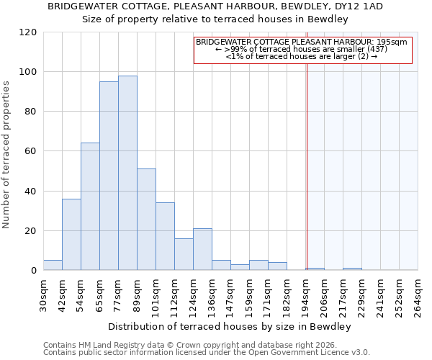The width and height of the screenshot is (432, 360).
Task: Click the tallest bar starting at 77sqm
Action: coord(127,173)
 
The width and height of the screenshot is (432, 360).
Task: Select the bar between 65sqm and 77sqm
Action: coord(109,176)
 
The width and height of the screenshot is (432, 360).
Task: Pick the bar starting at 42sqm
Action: coord(71,235)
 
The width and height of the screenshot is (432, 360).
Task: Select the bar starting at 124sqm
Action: coord(202,250)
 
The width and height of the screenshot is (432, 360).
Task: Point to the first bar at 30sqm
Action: coord(53,265)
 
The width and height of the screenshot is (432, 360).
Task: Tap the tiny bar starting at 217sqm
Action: coord(352,269)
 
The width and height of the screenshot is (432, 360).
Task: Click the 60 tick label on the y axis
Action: coord(30,151)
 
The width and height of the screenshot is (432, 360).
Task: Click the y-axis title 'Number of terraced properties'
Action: coord(7,155)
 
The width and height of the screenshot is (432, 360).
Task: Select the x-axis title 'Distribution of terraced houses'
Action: coord(230,327)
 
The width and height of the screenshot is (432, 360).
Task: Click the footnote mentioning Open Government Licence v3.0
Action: coord(207,352)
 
